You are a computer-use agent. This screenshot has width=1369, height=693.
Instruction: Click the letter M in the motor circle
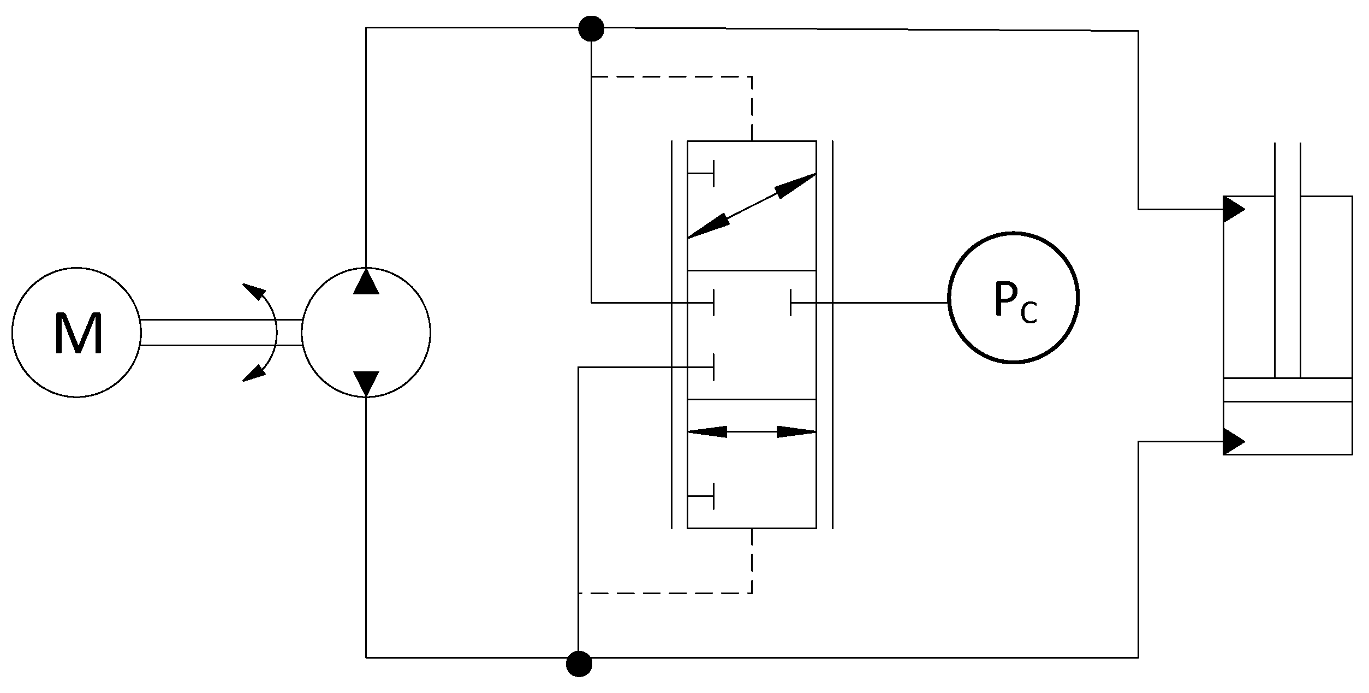[78, 334]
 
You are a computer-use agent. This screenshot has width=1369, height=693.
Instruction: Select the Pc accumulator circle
[1013, 298]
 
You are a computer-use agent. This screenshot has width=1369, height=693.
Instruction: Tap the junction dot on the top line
[591, 28]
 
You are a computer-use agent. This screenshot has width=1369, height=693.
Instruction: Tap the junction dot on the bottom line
[579, 664]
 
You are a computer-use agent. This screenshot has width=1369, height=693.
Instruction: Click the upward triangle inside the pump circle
[366, 282]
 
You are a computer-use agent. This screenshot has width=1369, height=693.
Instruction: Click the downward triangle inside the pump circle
[366, 383]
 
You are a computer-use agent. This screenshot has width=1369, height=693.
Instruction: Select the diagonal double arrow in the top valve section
[752, 206]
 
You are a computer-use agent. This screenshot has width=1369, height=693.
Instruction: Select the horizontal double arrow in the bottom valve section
[752, 432]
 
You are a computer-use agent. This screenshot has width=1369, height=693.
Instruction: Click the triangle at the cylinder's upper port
[1233, 209]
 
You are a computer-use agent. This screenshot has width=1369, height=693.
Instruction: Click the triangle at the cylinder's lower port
[1233, 441]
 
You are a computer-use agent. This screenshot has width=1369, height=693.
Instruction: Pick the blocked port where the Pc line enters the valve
[791, 302]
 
